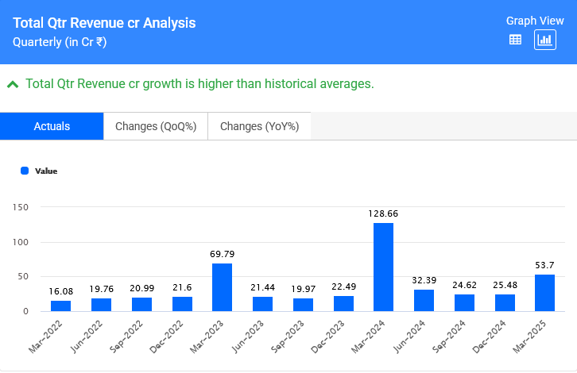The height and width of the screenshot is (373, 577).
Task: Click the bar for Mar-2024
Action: (x=383, y=267)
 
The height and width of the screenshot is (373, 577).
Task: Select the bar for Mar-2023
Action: (x=222, y=287)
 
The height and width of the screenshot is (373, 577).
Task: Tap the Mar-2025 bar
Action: (x=544, y=293)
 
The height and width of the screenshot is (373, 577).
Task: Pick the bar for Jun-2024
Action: (x=424, y=300)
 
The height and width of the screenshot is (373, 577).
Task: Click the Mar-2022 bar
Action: (x=60, y=306)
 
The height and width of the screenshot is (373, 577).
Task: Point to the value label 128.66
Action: (x=383, y=213)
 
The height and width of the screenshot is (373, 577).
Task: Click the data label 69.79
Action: (x=222, y=254)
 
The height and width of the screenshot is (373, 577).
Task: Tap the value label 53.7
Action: (x=544, y=265)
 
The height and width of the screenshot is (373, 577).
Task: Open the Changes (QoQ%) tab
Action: (x=156, y=126)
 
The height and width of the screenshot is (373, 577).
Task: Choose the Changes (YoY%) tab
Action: (x=259, y=126)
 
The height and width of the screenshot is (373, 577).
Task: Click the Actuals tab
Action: (x=52, y=126)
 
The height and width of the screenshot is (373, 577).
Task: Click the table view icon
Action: (x=515, y=40)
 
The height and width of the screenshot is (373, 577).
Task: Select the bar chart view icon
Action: (x=545, y=40)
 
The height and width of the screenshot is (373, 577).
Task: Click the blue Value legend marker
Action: (x=25, y=171)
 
